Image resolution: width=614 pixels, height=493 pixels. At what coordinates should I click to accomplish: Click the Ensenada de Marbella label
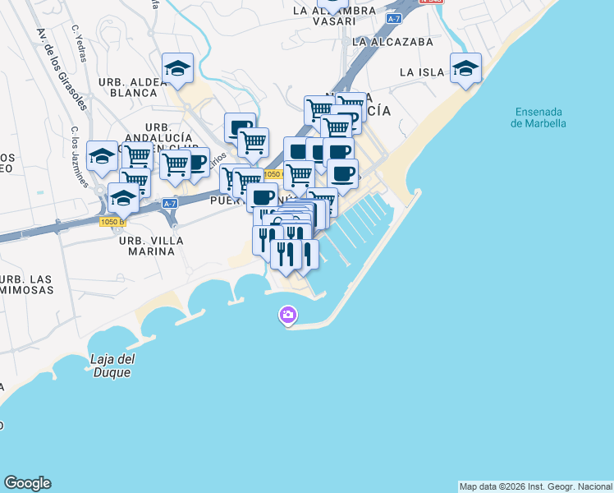pos(538,117)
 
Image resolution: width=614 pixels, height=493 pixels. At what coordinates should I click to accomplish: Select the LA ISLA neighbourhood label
pos(422,72)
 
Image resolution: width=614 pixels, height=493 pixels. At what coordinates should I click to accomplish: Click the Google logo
pos(27,483)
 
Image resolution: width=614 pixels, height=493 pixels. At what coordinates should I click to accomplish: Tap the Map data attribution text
pos(535,486)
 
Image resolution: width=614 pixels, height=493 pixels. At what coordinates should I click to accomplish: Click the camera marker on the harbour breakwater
pos(287,315)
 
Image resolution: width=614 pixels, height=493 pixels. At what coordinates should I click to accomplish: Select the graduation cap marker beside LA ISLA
pos(465,70)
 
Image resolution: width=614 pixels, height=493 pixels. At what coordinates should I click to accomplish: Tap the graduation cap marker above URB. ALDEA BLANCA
pos(177,70)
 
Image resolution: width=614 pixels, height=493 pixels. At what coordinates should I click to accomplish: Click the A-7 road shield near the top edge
pos(394,18)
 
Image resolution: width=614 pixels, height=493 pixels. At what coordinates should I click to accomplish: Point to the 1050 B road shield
pos(112,222)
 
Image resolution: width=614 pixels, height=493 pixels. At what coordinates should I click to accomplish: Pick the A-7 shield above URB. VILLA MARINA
pos(170,203)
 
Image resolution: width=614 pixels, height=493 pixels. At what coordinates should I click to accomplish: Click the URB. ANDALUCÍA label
pos(169,132)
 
